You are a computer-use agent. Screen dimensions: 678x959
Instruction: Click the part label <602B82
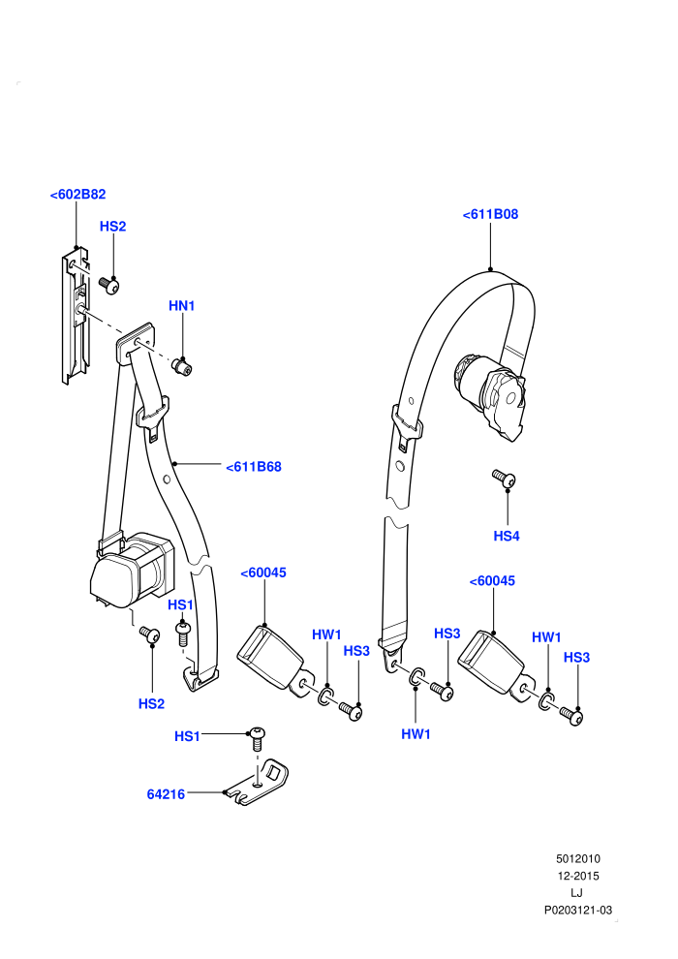77,195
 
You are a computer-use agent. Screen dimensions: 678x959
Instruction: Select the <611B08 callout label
490,214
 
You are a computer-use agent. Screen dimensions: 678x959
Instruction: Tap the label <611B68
254,467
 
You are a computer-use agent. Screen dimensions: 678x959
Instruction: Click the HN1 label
181,306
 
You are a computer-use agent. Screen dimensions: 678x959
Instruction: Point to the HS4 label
507,537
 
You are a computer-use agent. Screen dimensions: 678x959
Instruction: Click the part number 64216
166,794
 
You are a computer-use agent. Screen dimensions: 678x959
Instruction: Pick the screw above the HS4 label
504,479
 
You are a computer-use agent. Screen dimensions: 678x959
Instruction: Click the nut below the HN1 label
181,367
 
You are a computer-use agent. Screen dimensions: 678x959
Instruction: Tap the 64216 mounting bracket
257,783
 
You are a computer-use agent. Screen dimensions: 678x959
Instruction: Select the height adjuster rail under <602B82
76,315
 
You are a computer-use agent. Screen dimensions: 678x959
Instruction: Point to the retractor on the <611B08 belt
489,394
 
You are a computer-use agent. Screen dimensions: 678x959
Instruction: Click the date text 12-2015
578,876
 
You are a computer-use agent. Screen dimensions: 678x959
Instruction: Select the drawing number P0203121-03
578,910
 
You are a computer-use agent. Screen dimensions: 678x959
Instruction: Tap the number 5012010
578,858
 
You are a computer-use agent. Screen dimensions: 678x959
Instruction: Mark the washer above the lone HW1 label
416,676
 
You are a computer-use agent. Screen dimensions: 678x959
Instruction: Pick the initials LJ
576,893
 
